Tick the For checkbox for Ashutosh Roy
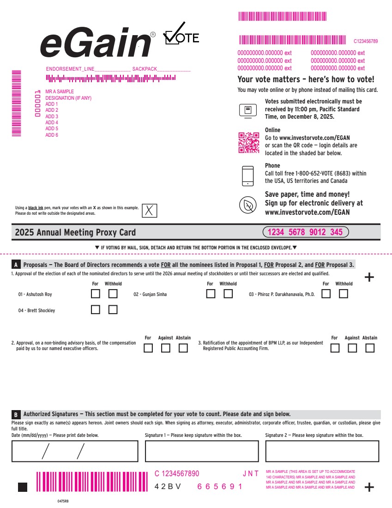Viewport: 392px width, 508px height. click(x=96, y=294)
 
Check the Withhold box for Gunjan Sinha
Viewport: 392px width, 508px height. click(x=228, y=294)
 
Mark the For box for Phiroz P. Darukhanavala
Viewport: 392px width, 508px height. click(x=326, y=294)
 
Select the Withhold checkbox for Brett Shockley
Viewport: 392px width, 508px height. click(x=113, y=309)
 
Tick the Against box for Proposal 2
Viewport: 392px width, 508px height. click(x=166, y=348)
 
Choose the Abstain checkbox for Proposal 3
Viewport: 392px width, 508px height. click(x=370, y=348)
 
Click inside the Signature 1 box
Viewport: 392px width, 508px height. click(x=202, y=451)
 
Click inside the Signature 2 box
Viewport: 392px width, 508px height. click(x=322, y=451)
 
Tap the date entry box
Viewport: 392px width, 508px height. click(x=75, y=451)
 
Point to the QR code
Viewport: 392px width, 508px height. click(x=249, y=143)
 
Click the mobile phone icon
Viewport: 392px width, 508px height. click(x=248, y=176)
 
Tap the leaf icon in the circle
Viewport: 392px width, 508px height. click(x=248, y=205)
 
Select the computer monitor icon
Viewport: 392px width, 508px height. click(x=248, y=111)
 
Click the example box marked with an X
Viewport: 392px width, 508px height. click(x=149, y=211)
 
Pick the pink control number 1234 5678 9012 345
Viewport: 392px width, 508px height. click(x=306, y=232)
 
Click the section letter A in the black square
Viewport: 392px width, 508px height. click(x=16, y=265)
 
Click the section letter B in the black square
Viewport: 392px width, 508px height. click(x=16, y=414)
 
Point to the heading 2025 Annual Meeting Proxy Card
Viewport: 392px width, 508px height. click(x=75, y=232)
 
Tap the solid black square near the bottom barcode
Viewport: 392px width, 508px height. click(x=23, y=487)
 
